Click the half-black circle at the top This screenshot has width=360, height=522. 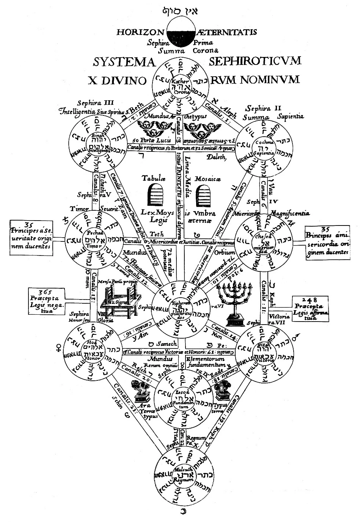pos(180,33)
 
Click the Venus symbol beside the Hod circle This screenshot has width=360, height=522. pos(59,346)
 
